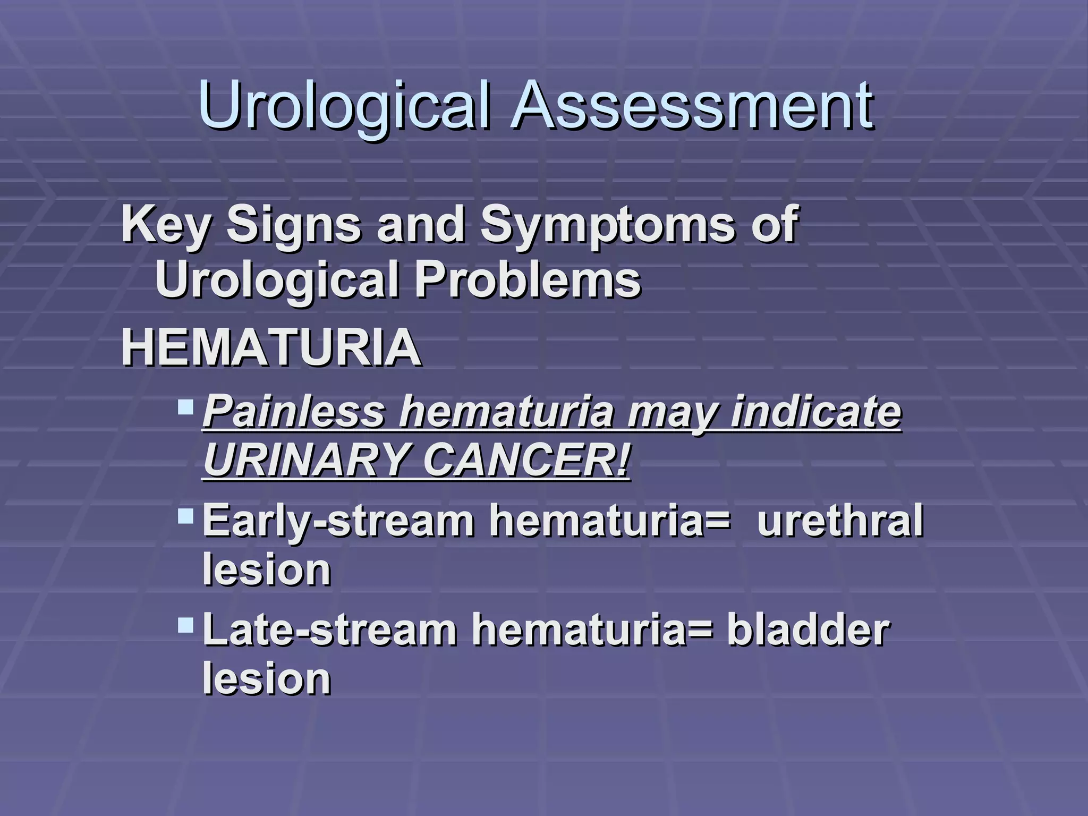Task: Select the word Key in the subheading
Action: [165, 226]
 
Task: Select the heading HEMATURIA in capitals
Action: [271, 348]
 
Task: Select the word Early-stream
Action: [338, 522]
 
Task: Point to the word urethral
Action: [840, 521]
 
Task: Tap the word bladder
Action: [807, 630]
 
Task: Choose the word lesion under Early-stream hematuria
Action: [267, 569]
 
